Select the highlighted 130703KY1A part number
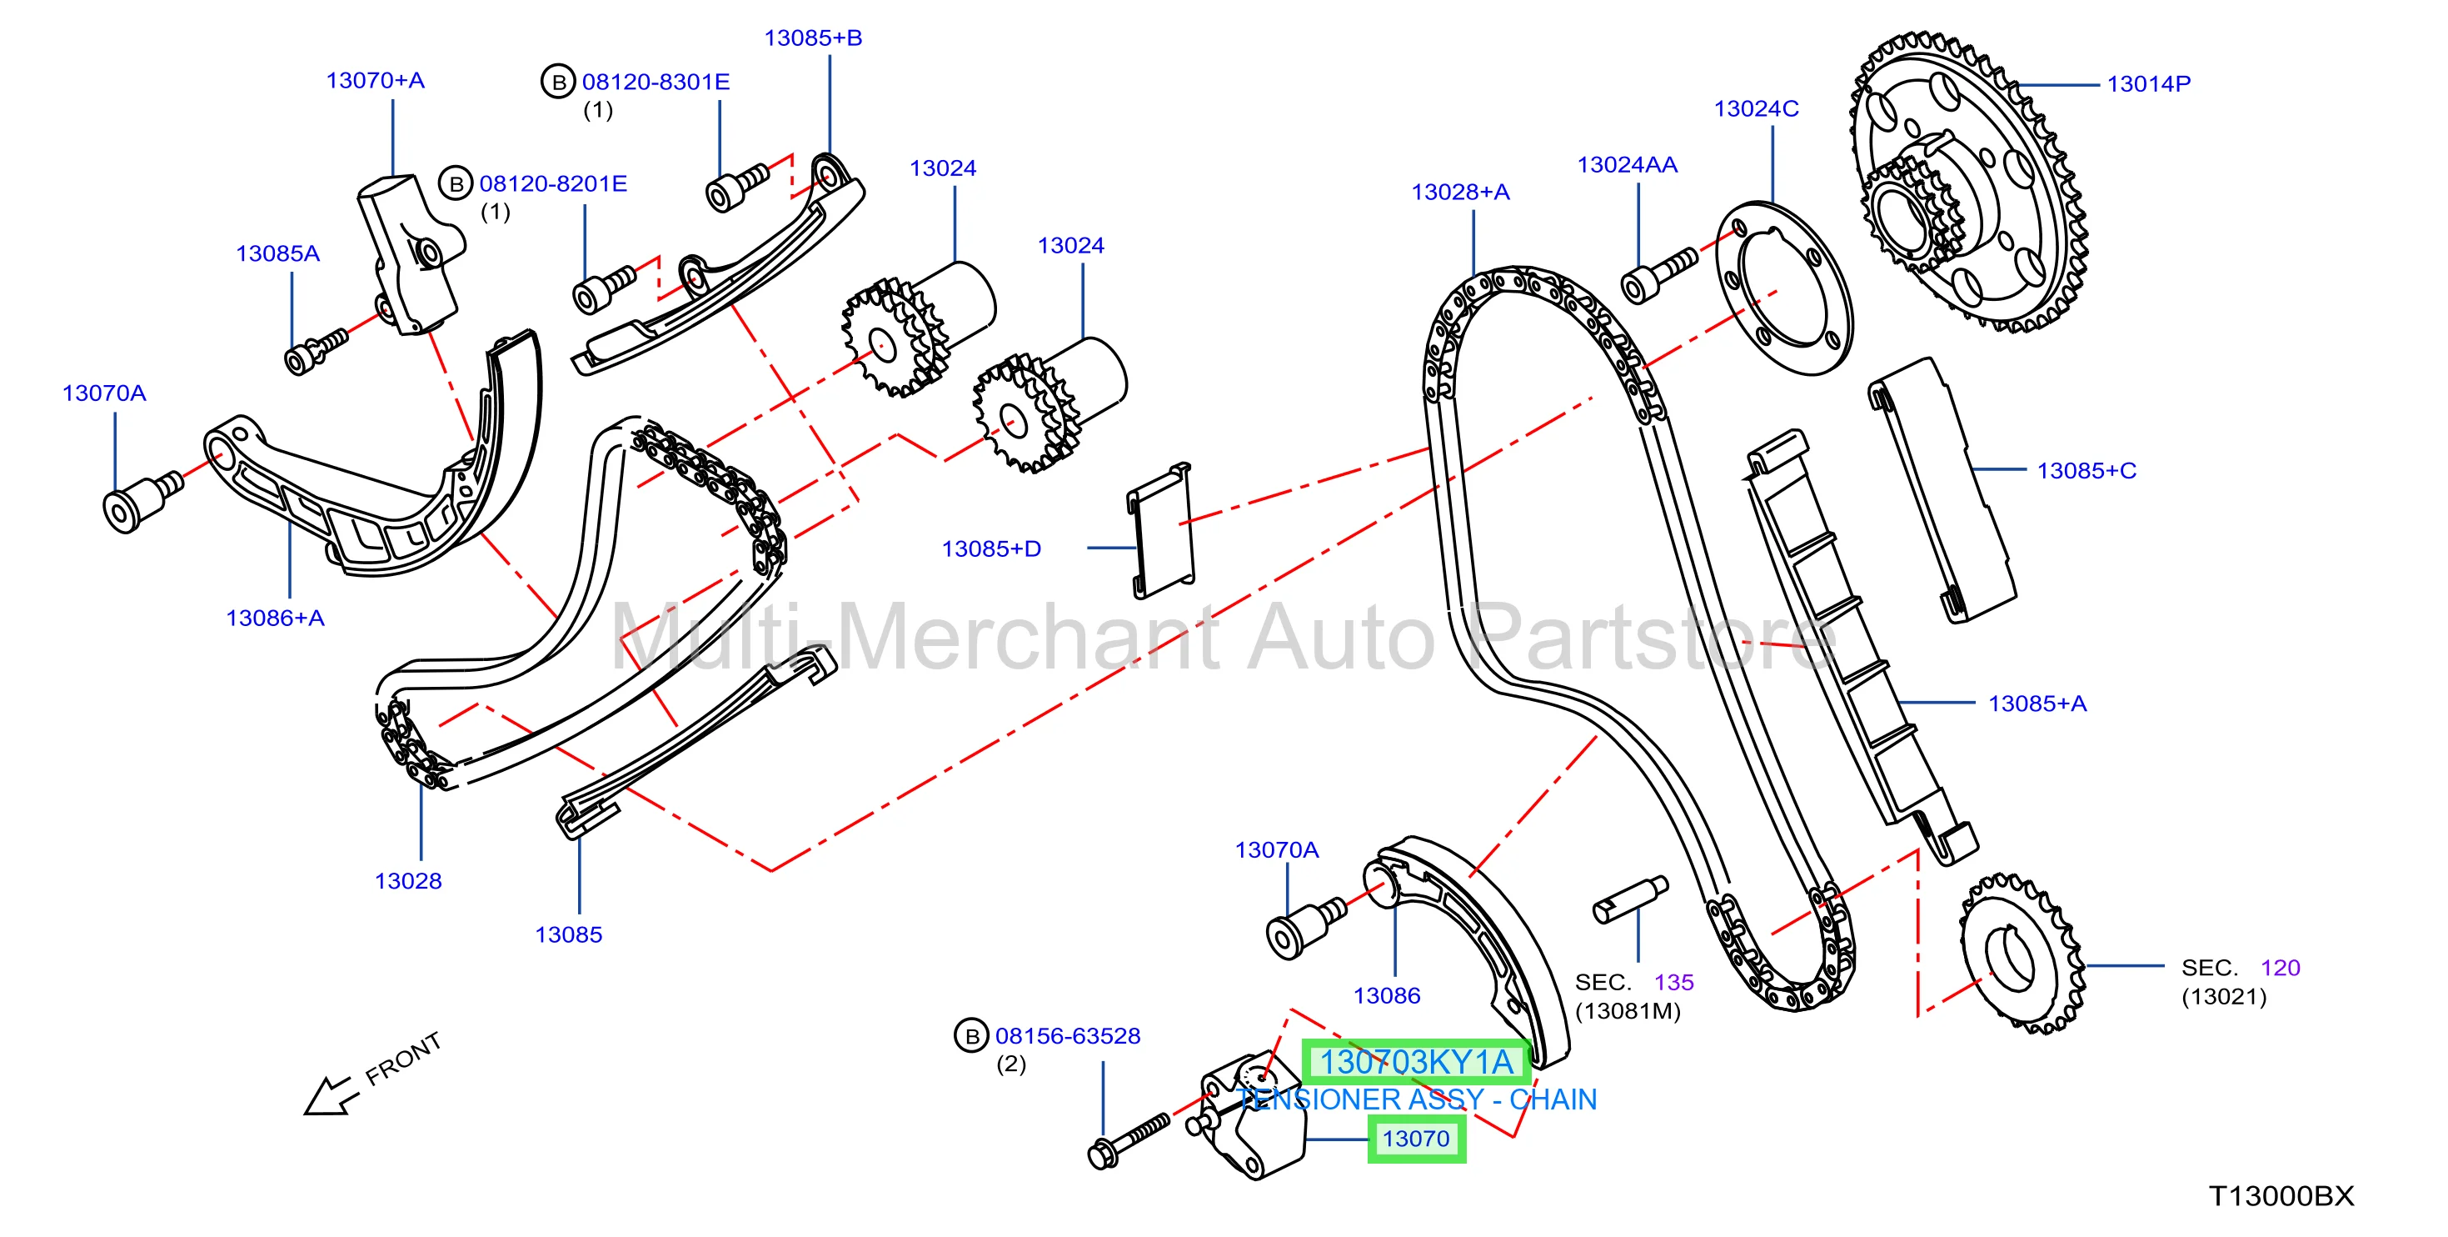[1416, 1062]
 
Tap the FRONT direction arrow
[329, 1096]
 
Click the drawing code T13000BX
[2281, 1196]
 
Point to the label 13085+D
[991, 548]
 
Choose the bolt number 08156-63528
[1067, 1035]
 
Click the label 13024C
[1756, 108]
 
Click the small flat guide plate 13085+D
[1160, 530]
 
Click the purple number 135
[1673, 982]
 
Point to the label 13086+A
[275, 618]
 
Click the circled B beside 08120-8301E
[559, 82]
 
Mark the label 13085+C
[2086, 471]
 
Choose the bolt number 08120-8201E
[553, 183]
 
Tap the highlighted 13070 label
[1416, 1139]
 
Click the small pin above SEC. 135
[1630, 899]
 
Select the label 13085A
[277, 254]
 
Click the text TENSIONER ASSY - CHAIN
[1416, 1100]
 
